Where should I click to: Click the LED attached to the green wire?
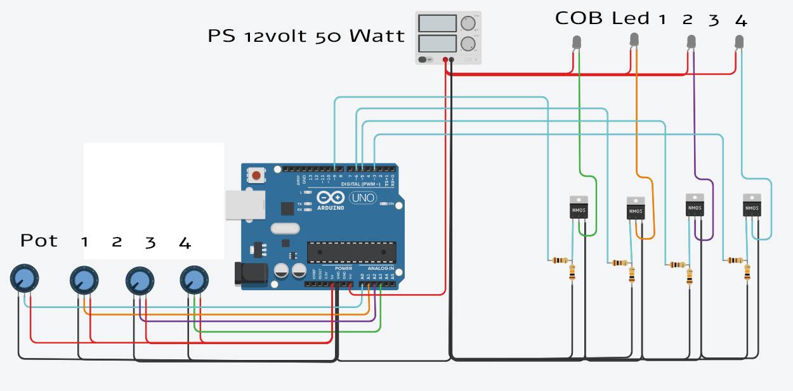pyautogui.click(x=577, y=42)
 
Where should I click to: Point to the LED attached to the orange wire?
pyautogui.click(x=634, y=39)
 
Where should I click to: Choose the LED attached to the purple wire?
pyautogui.click(x=691, y=42)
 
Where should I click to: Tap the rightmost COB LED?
pyautogui.click(x=739, y=42)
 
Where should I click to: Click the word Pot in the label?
pyautogui.click(x=39, y=241)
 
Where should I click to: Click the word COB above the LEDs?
pyautogui.click(x=579, y=18)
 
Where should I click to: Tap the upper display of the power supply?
pyautogui.click(x=437, y=23)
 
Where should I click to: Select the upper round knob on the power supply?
pyautogui.click(x=468, y=23)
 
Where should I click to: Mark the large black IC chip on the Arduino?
pyautogui.click(x=351, y=252)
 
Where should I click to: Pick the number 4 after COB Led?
pyautogui.click(x=740, y=20)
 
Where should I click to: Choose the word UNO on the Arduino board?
pyautogui.click(x=362, y=198)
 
